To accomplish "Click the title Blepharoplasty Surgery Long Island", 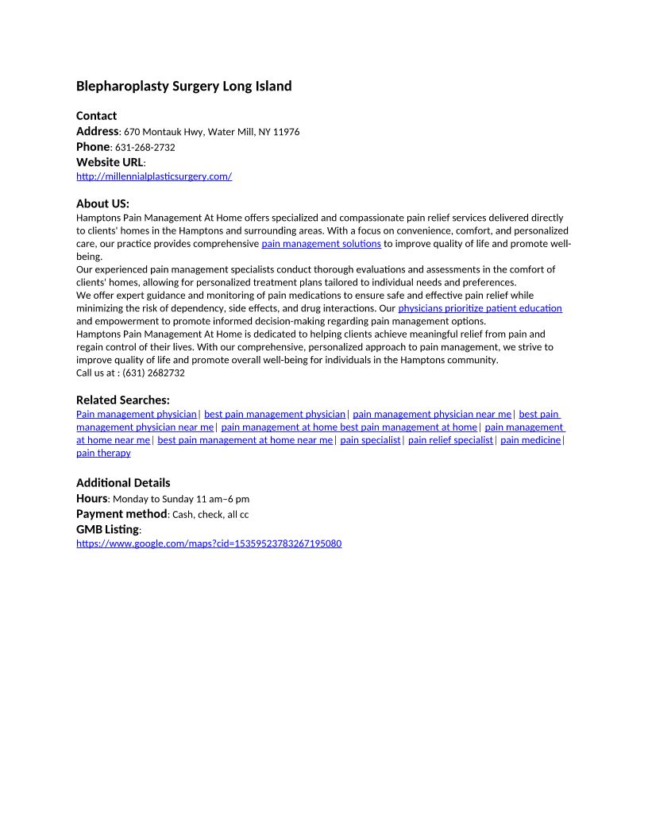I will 183,86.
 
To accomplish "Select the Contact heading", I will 96,115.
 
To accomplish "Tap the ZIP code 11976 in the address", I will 286,132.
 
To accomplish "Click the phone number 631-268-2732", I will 145,147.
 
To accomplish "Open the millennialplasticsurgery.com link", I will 154,176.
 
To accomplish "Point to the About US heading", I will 102,203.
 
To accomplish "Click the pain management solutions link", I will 321,243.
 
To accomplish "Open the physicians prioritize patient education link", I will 480,307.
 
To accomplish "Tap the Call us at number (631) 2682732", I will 153,373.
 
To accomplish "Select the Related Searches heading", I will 122,400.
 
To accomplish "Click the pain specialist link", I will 370,440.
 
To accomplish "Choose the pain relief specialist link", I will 450,440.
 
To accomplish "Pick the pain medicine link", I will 530,440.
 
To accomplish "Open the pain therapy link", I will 103,453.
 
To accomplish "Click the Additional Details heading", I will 123,482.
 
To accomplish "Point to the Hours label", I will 91,498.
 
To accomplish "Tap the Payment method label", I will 121,514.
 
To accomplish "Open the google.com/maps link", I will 209,543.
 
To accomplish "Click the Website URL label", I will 110,162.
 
